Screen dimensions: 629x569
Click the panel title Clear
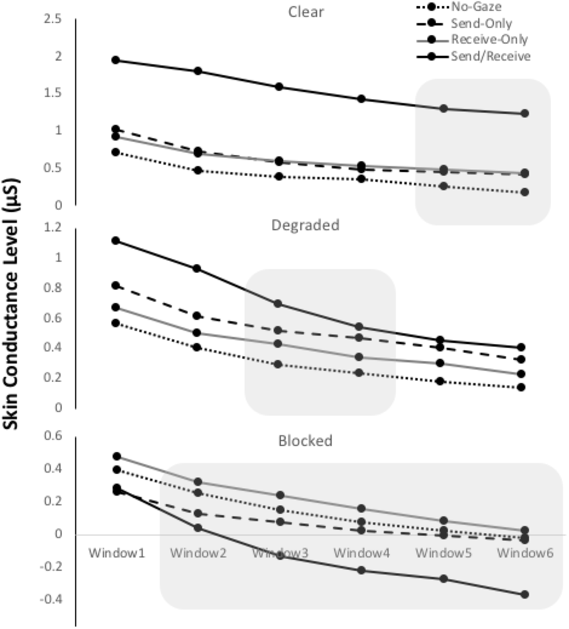tap(306, 12)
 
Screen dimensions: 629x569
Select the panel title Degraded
tap(305, 225)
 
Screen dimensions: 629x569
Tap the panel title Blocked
tap(305, 441)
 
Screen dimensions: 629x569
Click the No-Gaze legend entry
tap(476, 6)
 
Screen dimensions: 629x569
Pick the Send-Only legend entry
tap(481, 23)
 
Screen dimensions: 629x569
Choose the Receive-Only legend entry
tap(489, 39)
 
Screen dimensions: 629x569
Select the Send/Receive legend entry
tap(490, 56)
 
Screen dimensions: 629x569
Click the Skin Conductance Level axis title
tap(11, 304)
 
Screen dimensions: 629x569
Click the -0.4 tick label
tap(51, 599)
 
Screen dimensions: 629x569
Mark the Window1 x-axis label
tap(116, 553)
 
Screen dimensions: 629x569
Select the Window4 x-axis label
tap(361, 553)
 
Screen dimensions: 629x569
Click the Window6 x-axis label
tap(525, 553)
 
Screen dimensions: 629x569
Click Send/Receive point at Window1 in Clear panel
tap(116, 60)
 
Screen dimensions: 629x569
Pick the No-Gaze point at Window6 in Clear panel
tap(524, 192)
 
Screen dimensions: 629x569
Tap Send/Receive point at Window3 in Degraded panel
tap(278, 304)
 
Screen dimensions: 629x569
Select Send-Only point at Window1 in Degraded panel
tap(116, 286)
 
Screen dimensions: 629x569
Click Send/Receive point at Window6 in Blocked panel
tap(524, 594)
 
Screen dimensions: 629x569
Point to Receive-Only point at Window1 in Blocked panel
tap(117, 457)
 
